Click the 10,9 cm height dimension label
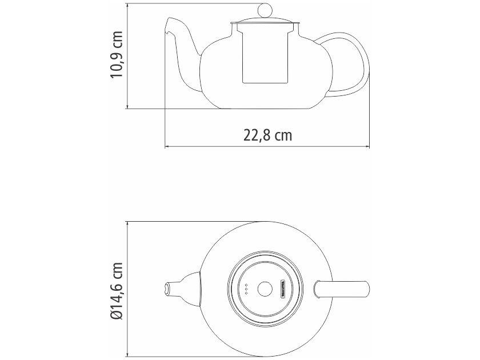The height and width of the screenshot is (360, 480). pos(118,55)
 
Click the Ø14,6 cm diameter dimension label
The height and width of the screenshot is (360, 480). pos(118,290)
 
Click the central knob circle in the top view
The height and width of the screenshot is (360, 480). pos(265,289)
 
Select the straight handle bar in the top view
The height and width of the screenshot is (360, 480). pos(343,289)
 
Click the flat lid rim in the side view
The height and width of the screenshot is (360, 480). pos(266,24)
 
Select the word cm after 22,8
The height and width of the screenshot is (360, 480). pos(282,135)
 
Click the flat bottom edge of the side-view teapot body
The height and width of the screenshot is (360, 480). pos(266,108)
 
